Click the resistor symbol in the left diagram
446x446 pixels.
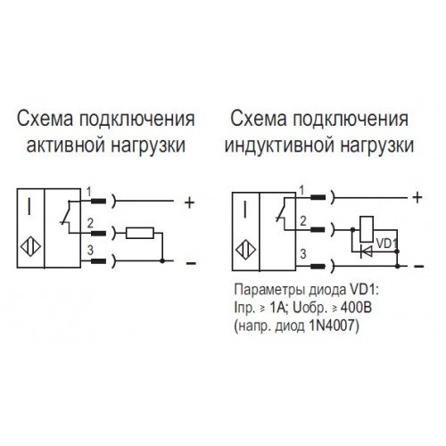(140, 233)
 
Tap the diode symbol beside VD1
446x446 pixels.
(366, 252)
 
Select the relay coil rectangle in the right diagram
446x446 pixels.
(367, 229)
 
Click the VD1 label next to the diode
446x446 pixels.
(386, 244)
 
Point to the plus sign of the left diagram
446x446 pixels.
(189, 203)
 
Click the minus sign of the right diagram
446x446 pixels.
(418, 266)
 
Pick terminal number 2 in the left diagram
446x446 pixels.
(90, 223)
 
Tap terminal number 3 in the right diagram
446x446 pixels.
(302, 254)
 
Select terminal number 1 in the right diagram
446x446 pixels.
(301, 191)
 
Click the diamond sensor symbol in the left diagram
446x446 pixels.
(30, 246)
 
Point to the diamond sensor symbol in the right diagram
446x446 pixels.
(245, 250)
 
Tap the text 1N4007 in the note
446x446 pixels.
(333, 326)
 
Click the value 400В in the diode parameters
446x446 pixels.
(356, 308)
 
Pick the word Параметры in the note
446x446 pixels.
(269, 291)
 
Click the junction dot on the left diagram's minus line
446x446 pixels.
(162, 261)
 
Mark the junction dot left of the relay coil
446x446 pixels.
(352, 229)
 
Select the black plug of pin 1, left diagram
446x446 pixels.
(98, 202)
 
